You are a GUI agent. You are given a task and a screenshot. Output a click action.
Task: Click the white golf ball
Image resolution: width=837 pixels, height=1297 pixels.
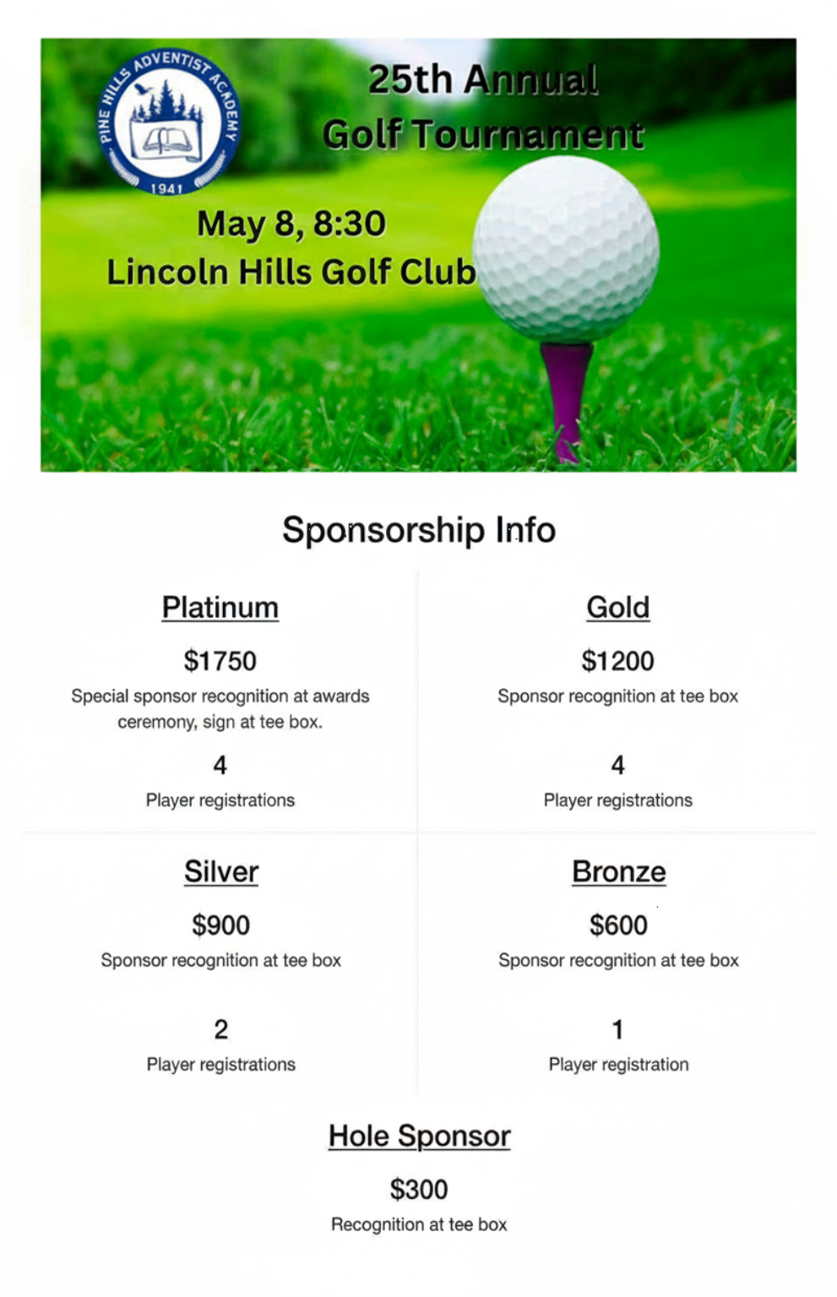tap(566, 250)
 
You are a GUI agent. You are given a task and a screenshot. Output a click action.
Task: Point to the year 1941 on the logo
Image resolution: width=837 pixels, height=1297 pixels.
tap(166, 188)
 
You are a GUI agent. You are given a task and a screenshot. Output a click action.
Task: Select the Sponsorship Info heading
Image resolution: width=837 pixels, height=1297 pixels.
tap(419, 530)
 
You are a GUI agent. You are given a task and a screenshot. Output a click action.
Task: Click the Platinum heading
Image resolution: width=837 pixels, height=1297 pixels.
tap(220, 608)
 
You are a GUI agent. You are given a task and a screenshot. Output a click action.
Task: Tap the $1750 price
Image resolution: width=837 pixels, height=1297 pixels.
tap(220, 661)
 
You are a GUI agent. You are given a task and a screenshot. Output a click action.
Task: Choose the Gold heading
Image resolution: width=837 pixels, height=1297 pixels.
tap(618, 608)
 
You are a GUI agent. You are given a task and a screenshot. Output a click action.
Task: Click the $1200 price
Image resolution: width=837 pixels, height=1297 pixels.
tap(618, 661)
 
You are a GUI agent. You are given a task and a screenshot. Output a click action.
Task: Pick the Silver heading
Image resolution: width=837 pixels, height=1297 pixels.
tap(221, 872)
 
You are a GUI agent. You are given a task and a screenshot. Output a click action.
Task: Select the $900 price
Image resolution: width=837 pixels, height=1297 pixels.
tap(221, 925)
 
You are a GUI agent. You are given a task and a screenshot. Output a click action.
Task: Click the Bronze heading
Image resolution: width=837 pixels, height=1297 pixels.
tap(619, 872)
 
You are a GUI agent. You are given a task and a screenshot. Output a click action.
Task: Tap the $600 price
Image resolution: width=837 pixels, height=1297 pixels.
tap(619, 925)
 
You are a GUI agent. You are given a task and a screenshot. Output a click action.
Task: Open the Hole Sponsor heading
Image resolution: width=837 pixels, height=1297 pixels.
tap(420, 1137)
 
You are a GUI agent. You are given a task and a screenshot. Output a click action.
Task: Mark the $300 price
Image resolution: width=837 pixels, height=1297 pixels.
tap(419, 1190)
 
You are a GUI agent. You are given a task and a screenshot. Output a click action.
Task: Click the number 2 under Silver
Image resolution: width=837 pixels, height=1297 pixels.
tap(221, 1029)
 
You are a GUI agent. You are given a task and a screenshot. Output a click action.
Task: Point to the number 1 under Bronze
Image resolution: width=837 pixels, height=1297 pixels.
tap(618, 1029)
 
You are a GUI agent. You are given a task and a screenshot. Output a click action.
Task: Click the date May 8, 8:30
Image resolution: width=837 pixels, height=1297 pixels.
tap(291, 224)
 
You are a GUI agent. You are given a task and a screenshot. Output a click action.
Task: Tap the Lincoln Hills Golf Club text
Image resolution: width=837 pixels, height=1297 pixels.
tap(291, 272)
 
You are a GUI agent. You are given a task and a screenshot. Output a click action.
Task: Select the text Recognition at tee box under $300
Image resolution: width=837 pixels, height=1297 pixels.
tap(419, 1224)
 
